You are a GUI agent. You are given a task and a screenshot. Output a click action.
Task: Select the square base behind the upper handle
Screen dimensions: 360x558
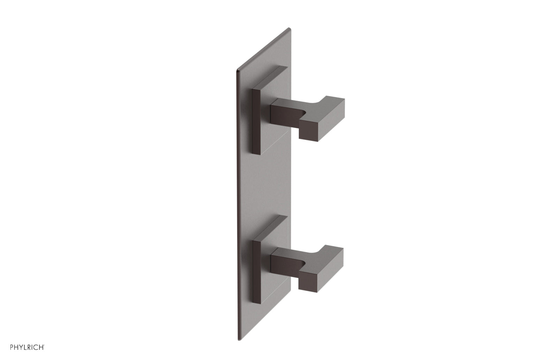pyautogui.click(x=276, y=105)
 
